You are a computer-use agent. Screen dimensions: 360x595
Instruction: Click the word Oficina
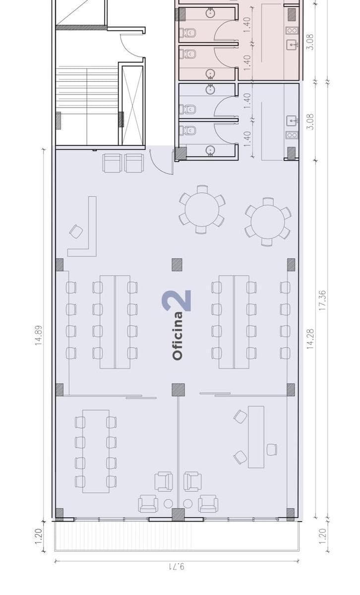tap(178, 336)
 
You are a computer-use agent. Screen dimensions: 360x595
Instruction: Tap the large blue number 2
tap(177, 300)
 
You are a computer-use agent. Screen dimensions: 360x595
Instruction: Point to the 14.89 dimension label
tap(39, 335)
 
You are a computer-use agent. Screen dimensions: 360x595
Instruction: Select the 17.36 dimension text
tap(322, 300)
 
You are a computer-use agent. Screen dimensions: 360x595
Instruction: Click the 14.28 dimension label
tap(310, 339)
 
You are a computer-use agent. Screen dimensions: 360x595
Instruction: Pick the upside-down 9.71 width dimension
tap(177, 567)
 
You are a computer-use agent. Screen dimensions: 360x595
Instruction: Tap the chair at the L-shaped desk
tap(76, 232)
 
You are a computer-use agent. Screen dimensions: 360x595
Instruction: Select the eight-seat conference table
tap(96, 451)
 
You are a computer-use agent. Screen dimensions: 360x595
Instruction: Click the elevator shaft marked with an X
tap(132, 106)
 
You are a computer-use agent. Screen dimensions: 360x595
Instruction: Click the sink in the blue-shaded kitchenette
tap(292, 121)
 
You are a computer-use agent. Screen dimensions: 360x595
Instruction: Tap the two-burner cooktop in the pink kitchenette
tap(292, 31)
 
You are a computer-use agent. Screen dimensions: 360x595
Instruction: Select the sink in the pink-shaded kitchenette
tap(292, 44)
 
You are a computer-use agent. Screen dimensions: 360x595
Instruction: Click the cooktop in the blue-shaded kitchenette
tap(292, 135)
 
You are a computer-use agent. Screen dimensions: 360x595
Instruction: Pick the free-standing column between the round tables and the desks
tap(177, 265)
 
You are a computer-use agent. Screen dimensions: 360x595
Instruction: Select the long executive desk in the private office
tap(256, 436)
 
